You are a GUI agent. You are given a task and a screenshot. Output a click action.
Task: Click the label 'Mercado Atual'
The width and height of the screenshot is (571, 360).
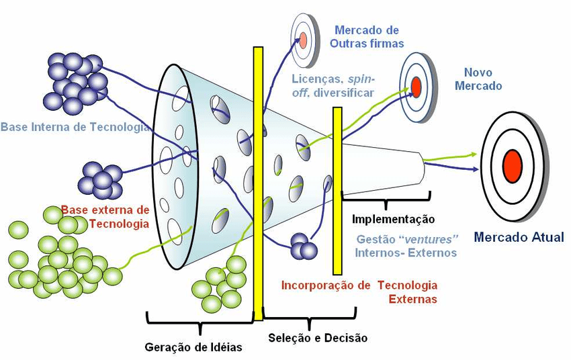pos(519,236)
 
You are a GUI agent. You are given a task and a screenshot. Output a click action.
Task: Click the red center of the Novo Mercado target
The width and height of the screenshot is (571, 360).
pos(416,87)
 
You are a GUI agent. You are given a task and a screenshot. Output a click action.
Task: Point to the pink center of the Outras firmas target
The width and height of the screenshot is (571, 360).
pos(303,40)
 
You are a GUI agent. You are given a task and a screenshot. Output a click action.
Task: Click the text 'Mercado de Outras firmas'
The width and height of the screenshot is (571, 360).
pos(366,37)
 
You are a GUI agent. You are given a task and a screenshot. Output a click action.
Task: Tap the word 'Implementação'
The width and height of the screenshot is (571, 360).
pos(394,219)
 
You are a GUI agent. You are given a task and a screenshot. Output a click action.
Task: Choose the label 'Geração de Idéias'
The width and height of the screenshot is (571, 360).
pos(193,347)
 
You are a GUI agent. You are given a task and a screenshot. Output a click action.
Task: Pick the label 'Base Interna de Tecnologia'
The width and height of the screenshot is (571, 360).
pos(75,127)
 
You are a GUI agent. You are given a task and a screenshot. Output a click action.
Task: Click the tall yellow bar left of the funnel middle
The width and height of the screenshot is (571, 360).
pos(258,181)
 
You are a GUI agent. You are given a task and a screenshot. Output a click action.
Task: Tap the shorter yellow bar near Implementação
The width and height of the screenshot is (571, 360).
pos(337,188)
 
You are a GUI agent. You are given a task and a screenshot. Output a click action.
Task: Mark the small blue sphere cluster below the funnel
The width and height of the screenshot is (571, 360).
pos(304,246)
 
